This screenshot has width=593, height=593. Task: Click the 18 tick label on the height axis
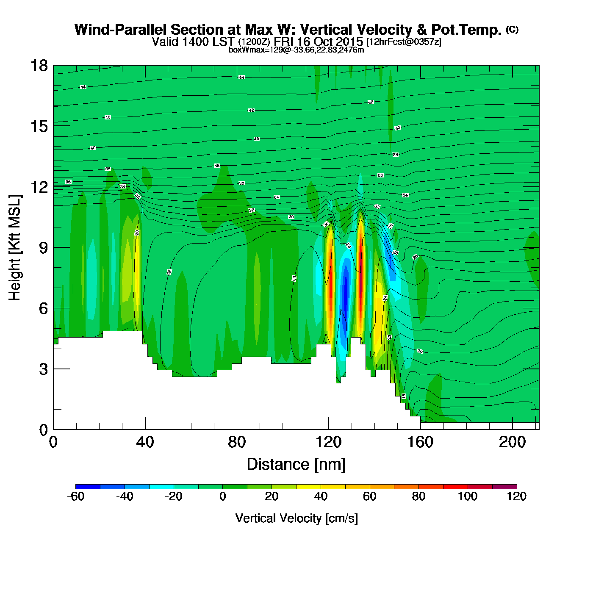click(x=39, y=66)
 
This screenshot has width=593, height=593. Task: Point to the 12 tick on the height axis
click(x=39, y=187)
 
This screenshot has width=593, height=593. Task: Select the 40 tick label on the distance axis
click(x=145, y=442)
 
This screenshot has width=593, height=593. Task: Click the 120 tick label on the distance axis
click(x=328, y=442)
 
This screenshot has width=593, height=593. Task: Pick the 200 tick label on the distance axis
click(x=512, y=442)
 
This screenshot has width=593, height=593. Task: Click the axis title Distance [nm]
click(x=296, y=465)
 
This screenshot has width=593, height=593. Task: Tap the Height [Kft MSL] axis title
click(x=15, y=248)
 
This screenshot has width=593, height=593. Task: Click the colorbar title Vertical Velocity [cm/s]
click(x=296, y=518)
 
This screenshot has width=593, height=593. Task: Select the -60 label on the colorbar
click(x=76, y=496)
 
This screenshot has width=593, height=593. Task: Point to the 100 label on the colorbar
click(x=467, y=496)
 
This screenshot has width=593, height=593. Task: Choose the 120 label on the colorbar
click(x=516, y=496)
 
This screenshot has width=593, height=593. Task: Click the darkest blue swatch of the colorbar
click(x=88, y=487)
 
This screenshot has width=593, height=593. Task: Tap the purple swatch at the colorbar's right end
click(x=504, y=487)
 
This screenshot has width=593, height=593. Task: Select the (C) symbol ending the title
click(x=512, y=29)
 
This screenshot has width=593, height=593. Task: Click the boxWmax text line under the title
click(x=296, y=50)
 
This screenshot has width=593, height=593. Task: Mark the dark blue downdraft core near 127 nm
click(x=345, y=292)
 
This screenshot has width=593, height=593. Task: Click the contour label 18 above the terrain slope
click(x=404, y=396)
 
